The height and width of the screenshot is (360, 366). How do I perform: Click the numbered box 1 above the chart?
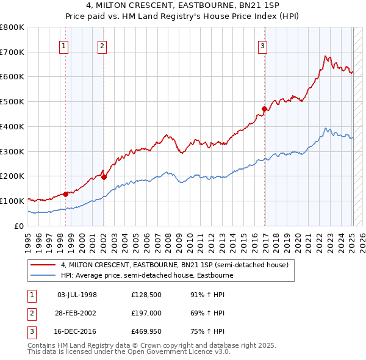[64, 45]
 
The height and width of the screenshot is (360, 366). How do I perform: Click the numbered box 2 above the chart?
[102, 45]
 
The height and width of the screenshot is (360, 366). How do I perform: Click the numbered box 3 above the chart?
[262, 45]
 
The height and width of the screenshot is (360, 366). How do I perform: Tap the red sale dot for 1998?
[65, 194]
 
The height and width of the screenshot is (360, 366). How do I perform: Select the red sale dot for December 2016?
[264, 109]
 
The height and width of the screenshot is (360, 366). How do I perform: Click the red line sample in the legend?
[43, 265]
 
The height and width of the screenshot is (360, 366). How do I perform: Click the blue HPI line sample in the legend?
[43, 275]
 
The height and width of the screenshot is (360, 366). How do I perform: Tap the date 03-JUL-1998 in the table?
[77, 295]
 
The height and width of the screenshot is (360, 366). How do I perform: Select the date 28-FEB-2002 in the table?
[77, 313]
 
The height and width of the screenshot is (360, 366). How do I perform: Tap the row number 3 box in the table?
[32, 331]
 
